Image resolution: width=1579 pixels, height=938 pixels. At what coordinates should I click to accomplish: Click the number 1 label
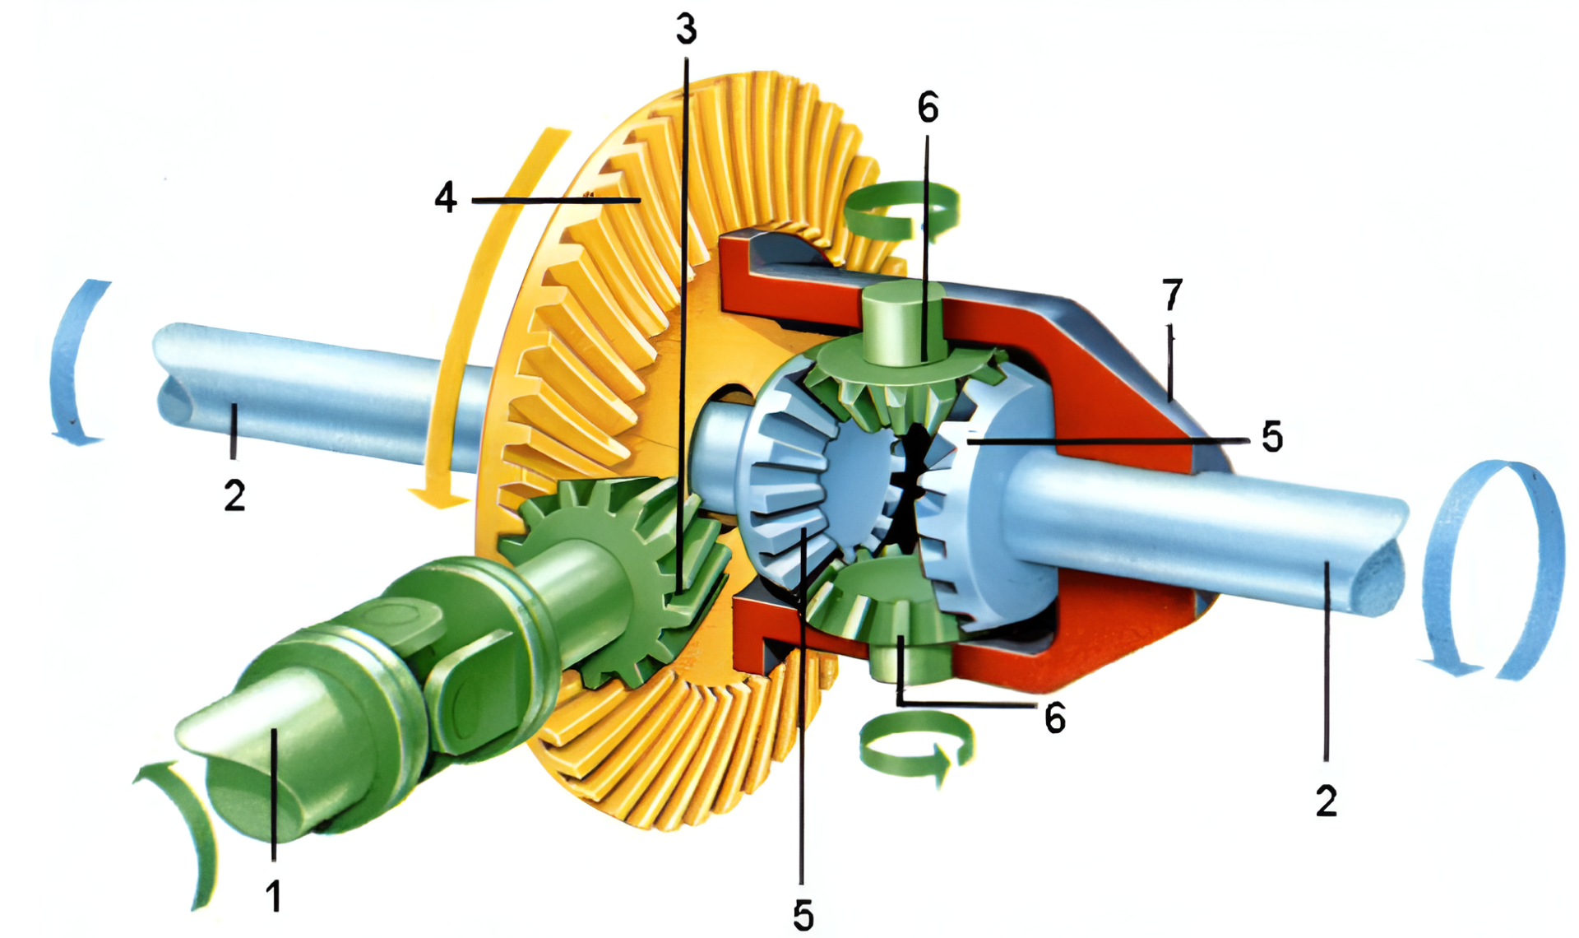coord(274,895)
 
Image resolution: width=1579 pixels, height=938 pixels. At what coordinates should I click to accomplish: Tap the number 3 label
coord(687,29)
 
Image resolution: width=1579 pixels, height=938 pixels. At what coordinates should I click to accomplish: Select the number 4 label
coord(446,197)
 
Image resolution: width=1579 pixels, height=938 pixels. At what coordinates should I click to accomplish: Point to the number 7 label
coord(1173,295)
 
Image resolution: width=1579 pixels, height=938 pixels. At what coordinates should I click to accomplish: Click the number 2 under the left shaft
coord(235,495)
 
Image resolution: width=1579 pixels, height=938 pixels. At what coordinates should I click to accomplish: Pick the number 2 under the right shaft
coord(1327,801)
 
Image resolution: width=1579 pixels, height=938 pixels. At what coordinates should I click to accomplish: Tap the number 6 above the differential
coord(928,108)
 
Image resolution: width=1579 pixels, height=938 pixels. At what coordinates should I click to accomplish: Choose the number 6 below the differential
coord(1055,718)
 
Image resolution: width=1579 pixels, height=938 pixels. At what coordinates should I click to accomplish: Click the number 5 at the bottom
coord(803,915)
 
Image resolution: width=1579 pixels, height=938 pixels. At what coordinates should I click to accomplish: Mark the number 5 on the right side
coord(1272,436)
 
